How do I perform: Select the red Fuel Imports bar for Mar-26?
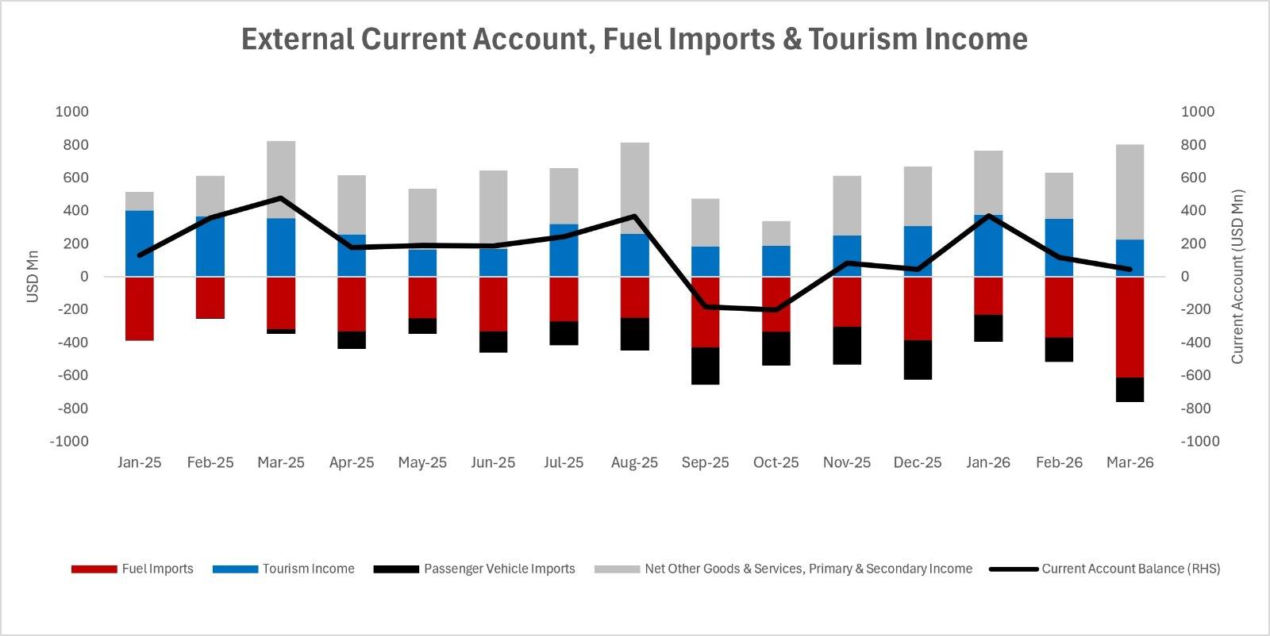point(1130,328)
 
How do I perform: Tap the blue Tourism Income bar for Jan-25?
point(140,243)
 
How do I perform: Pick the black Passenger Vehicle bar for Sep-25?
point(706,366)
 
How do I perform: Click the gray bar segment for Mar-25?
point(281,179)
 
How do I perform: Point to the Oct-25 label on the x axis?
point(775,462)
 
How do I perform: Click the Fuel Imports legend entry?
point(132,569)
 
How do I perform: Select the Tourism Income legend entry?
point(283,569)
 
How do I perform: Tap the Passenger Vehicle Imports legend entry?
point(474,569)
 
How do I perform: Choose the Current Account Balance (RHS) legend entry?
point(1104,569)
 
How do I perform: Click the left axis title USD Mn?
point(33,277)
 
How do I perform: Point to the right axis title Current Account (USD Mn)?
point(1237,277)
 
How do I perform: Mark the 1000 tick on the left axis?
point(72,112)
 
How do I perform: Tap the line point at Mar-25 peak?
point(281,198)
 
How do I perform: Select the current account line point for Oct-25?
point(775,310)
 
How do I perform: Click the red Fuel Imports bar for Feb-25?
point(210,298)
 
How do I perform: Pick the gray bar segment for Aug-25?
point(635,188)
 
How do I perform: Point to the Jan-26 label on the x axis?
point(988,462)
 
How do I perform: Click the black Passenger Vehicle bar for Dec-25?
point(918,360)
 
